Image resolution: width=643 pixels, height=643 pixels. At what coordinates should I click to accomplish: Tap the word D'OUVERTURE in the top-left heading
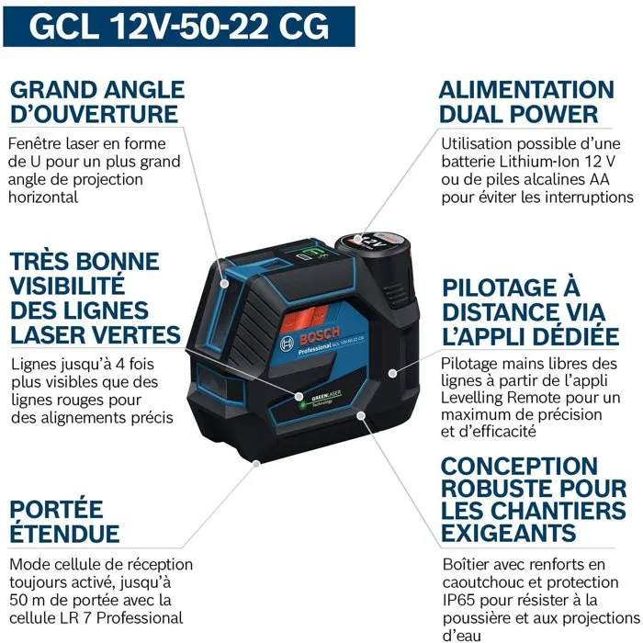coord(93,115)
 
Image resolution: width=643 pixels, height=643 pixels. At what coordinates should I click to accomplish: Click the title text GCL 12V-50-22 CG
coord(178,25)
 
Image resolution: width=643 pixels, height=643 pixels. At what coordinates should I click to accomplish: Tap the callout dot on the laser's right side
coord(393,373)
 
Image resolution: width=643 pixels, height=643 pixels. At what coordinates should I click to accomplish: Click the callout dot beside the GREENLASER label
coord(299,397)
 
